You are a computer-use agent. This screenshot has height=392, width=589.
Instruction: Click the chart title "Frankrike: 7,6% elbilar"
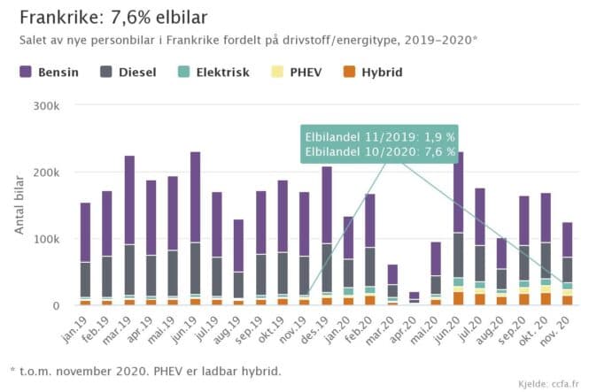click(113, 18)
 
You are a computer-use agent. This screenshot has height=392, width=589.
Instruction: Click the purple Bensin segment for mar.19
click(129, 199)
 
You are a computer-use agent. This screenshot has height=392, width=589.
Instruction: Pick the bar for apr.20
click(415, 297)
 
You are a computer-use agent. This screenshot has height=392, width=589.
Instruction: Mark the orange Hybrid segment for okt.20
click(546, 299)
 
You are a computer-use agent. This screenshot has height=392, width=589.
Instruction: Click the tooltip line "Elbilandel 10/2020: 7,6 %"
click(380, 151)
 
